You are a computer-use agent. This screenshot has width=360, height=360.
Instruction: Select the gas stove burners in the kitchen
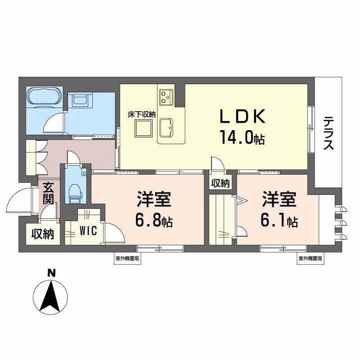[166, 95]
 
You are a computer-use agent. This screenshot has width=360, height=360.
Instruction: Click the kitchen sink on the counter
[166, 129]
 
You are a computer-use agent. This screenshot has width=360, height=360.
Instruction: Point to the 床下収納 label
[141, 114]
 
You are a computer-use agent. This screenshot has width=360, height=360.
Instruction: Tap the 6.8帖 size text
[153, 220]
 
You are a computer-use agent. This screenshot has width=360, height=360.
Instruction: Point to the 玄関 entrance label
[49, 193]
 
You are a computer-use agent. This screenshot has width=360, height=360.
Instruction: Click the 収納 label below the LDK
[220, 183]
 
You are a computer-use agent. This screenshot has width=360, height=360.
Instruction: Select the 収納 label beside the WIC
[43, 234]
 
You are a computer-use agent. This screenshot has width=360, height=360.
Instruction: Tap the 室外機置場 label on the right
[310, 258]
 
